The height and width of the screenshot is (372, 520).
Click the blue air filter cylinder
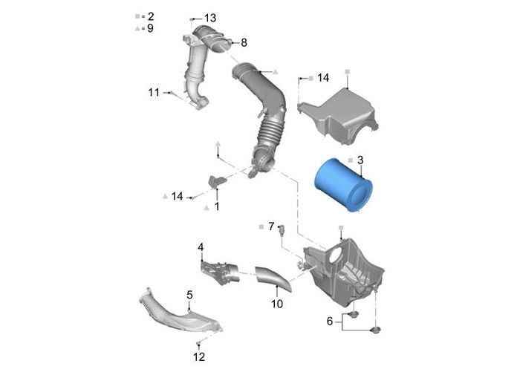343,185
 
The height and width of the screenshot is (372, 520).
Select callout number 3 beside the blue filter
360,160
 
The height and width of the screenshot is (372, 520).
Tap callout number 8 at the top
244,42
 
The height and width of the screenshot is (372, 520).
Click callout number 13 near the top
210,18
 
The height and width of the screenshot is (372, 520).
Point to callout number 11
154,92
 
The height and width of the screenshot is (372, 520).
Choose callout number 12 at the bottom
199,356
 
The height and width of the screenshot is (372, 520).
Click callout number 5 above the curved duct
189,295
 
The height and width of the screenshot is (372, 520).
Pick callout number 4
201,247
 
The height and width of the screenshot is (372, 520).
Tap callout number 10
277,304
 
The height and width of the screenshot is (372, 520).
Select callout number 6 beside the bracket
330,321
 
